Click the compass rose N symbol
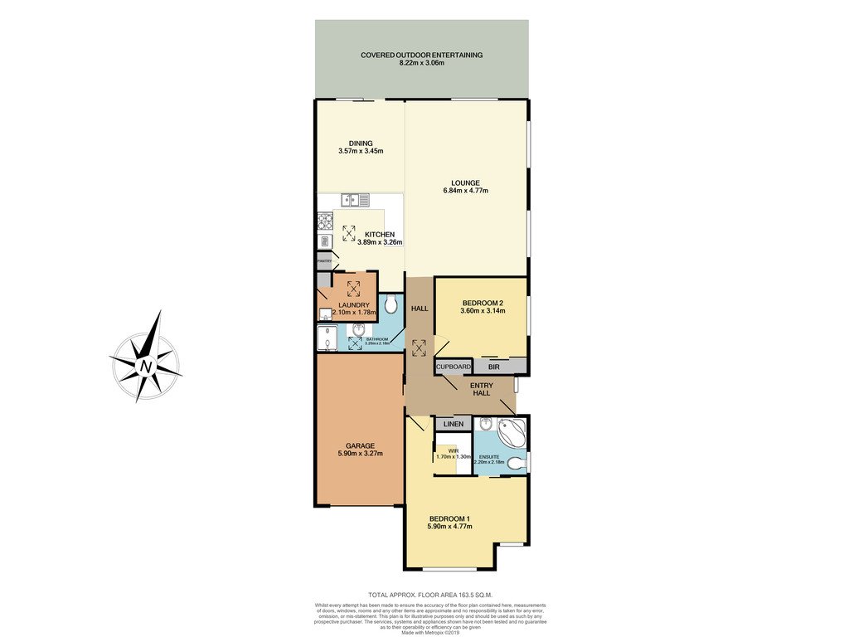tap(147, 366)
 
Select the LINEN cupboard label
tap(453, 424)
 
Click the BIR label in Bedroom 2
tap(493, 366)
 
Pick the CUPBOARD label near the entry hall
tap(454, 366)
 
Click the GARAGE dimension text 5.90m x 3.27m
tap(360, 454)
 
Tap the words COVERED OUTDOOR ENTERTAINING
tap(421, 55)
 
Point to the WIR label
tap(454, 450)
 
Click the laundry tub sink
tap(324, 314)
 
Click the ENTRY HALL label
tap(481, 388)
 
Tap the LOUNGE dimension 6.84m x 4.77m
tap(465, 191)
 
